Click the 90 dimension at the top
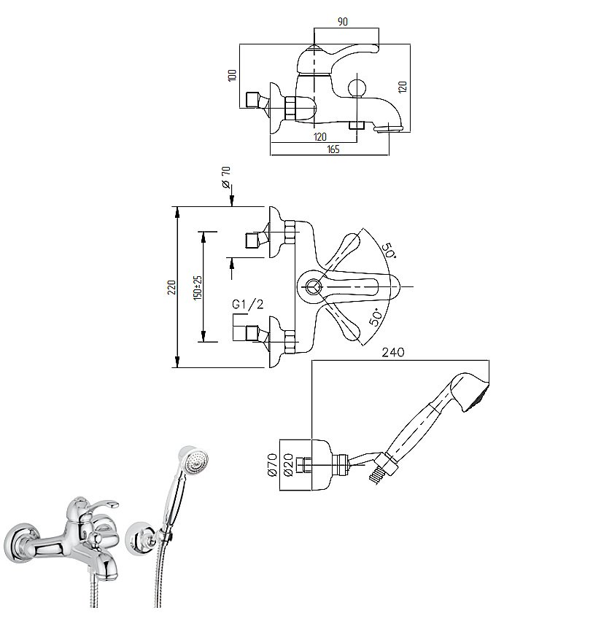(343, 21)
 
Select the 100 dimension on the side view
(233, 75)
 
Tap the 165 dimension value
(333, 149)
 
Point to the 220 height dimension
(172, 287)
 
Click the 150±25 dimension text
(198, 288)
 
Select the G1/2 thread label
(248, 305)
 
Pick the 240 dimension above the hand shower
(393, 352)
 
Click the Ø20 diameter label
(288, 465)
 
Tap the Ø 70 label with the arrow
(226, 177)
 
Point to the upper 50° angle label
(388, 250)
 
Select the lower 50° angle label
(376, 316)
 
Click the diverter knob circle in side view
(357, 88)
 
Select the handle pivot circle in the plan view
(313, 287)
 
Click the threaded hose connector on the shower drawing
(376, 477)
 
